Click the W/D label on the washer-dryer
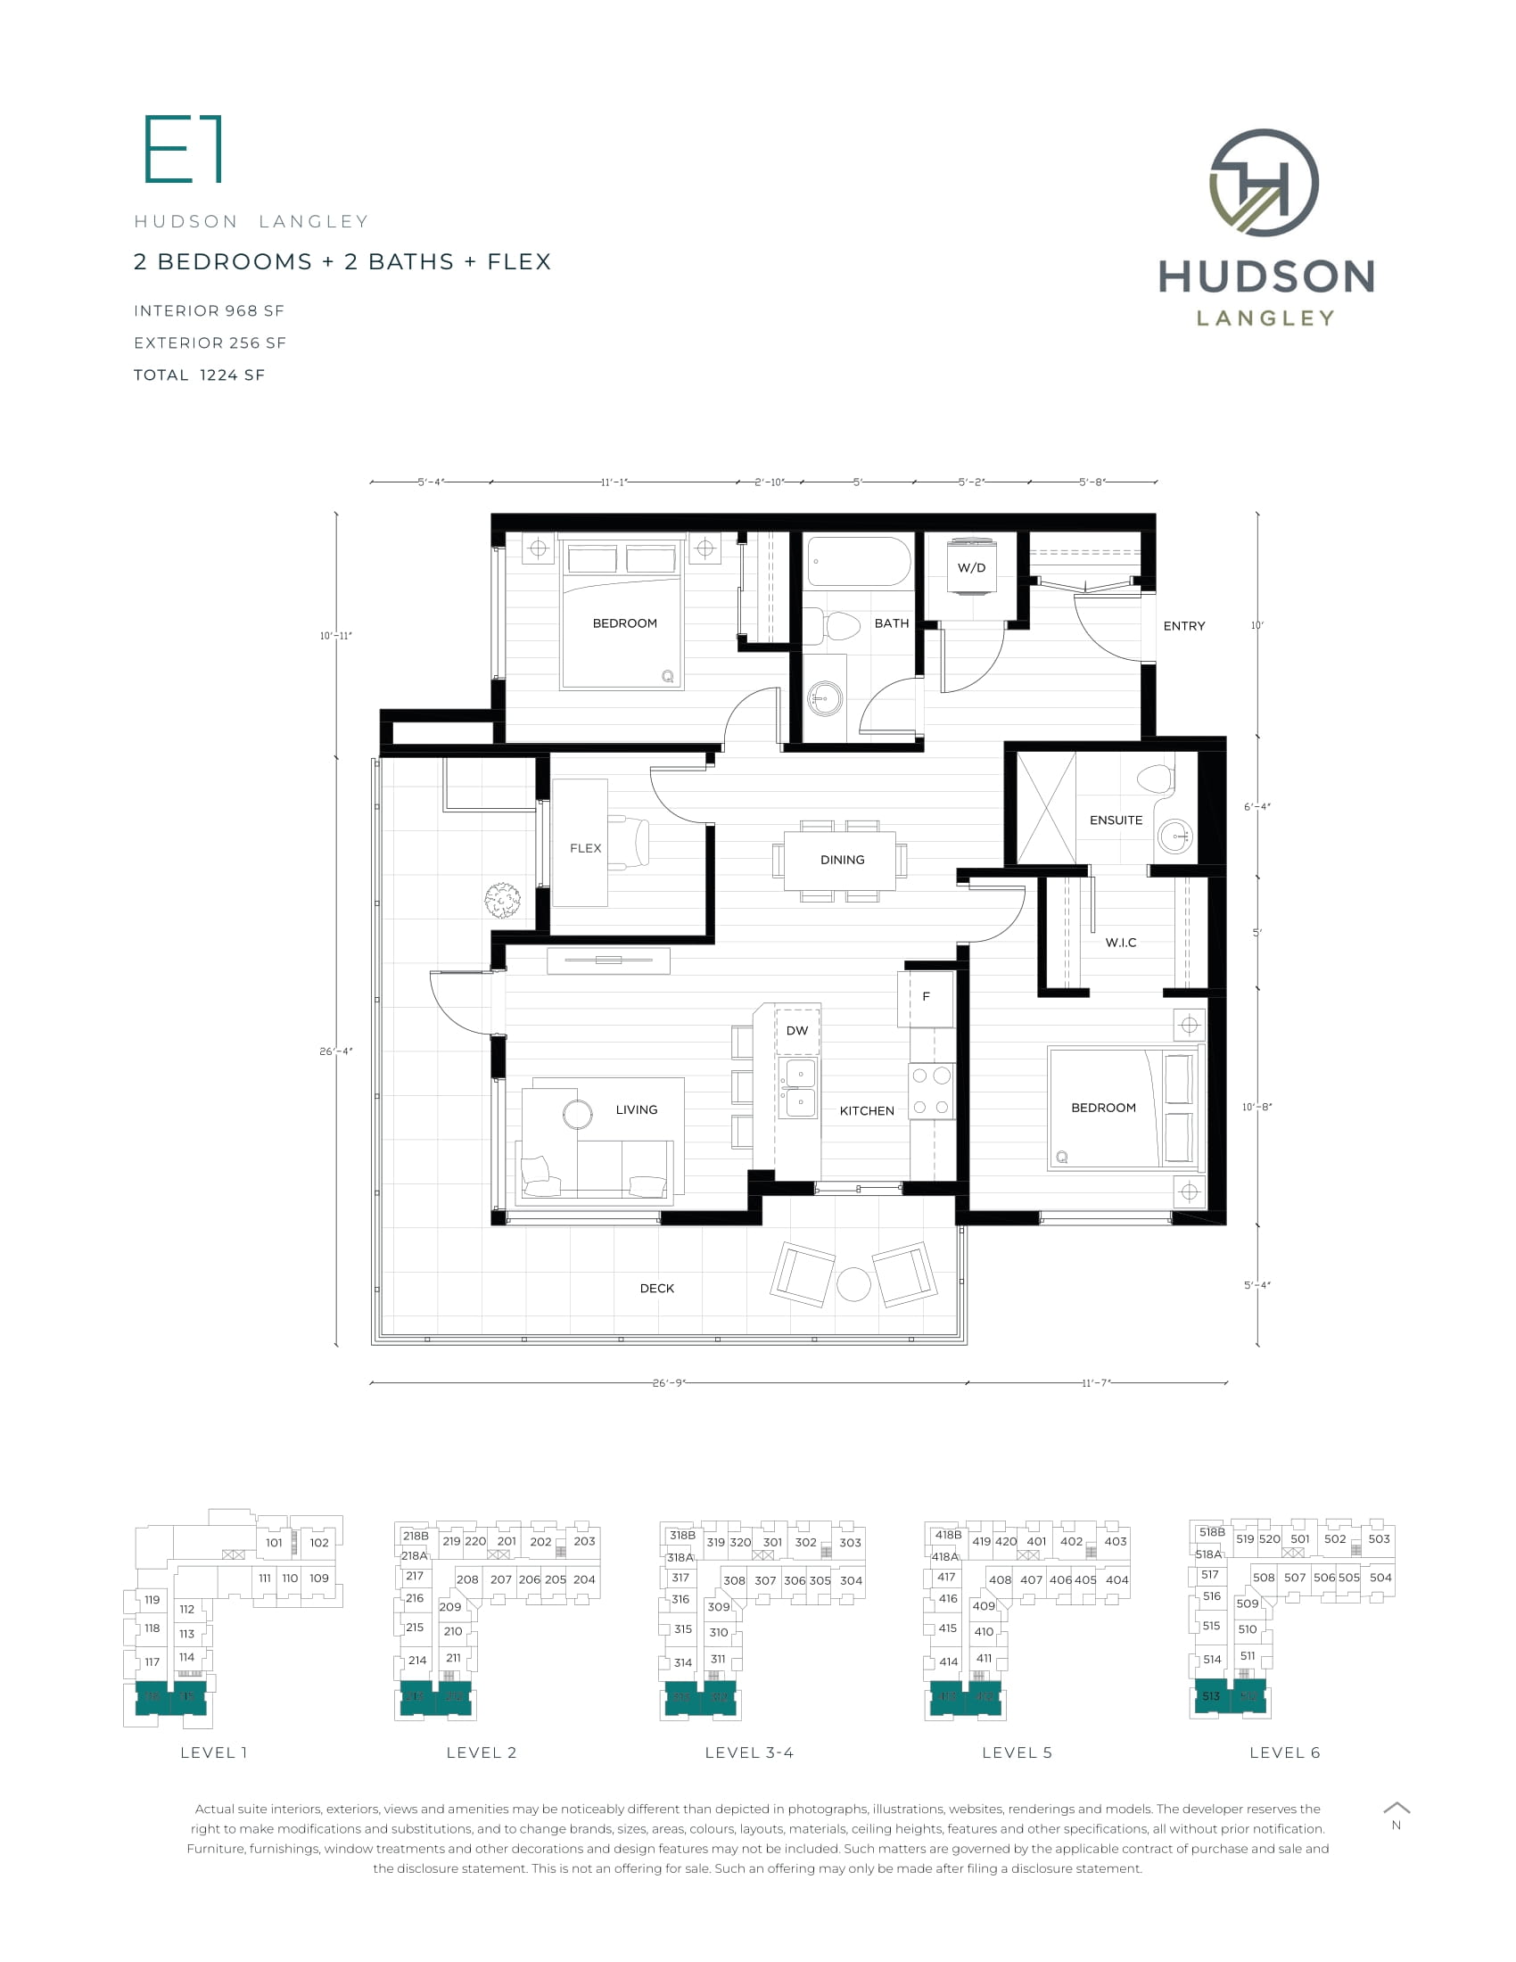(971, 568)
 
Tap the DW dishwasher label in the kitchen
(796, 1030)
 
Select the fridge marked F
(926, 996)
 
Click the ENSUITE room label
(1116, 820)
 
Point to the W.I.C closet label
(1121, 943)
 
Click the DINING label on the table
(842, 860)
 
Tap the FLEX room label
(586, 848)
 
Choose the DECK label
(656, 1289)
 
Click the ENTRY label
(1183, 626)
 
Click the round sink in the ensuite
(1174, 837)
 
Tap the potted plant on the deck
(502, 900)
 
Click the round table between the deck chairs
(853, 1284)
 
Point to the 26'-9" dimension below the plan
(669, 1382)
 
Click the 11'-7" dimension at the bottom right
(1096, 1382)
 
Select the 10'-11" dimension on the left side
(336, 636)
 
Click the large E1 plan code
(183, 149)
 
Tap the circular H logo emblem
(1264, 183)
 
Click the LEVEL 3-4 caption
(749, 1752)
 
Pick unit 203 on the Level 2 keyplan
(584, 1542)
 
